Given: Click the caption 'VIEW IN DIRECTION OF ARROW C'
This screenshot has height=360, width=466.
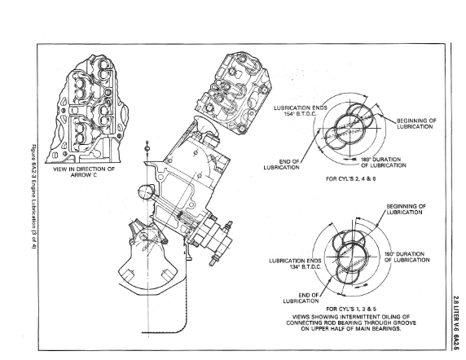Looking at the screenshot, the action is [84, 172].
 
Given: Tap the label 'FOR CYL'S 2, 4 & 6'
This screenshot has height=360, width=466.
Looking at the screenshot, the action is [350, 179].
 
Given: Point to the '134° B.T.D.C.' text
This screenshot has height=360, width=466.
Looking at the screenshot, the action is [306, 266].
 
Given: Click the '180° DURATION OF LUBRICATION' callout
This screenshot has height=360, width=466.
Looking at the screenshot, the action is [384, 162].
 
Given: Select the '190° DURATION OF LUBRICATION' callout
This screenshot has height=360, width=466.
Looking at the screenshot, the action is [407, 257].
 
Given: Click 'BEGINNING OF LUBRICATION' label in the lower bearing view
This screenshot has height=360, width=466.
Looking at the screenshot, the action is [407, 209].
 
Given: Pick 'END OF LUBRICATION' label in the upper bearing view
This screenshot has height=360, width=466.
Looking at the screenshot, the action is [281, 165].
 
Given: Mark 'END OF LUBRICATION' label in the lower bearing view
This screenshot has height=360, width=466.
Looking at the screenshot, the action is [301, 298].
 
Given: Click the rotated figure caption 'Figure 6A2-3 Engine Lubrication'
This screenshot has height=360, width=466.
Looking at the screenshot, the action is [33, 196].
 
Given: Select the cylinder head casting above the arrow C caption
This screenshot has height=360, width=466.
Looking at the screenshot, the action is [87, 109].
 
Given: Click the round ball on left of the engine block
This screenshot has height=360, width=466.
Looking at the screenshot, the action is [146, 192].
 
